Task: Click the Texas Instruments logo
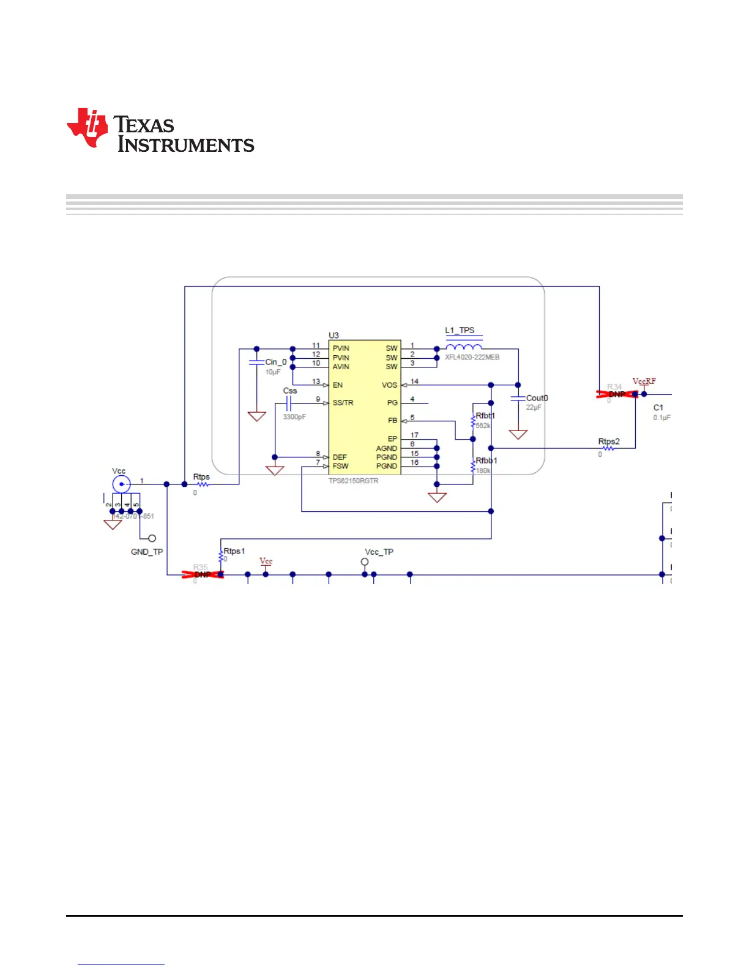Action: [160, 130]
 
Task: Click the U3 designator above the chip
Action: [334, 335]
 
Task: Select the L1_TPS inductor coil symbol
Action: [464, 347]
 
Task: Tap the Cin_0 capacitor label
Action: [275, 362]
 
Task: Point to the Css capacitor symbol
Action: [288, 403]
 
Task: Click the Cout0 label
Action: [537, 398]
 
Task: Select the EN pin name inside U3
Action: [337, 385]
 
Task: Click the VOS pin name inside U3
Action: [389, 385]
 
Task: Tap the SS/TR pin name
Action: [343, 403]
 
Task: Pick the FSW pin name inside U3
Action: [340, 466]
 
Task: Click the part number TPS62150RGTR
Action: [353, 481]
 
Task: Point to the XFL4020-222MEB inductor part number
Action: [472, 357]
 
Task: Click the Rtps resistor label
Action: [201, 476]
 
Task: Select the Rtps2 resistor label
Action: [608, 441]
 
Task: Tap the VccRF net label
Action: [644, 381]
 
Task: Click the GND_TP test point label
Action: [147, 552]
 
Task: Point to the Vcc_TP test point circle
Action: [365, 562]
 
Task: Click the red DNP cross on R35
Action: [203, 574]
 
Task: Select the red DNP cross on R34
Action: [617, 394]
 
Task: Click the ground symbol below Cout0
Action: [518, 435]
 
